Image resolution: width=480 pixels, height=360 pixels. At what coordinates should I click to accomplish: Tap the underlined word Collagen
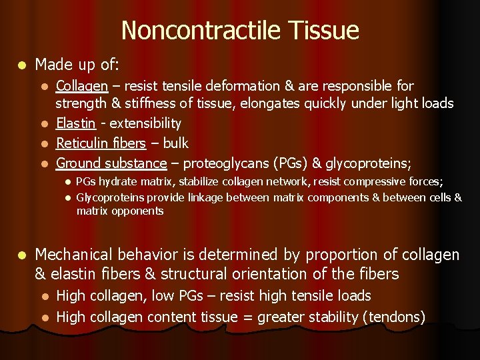coord(81,86)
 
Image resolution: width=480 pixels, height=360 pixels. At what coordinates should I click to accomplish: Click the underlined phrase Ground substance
coord(111,163)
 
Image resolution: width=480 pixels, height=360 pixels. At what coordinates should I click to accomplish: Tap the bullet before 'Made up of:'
coord(22,65)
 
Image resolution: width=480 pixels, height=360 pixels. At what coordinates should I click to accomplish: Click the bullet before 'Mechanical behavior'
coord(22,255)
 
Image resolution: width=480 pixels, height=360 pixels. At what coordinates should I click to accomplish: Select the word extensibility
coord(145,123)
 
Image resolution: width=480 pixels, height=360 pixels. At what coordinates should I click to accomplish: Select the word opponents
coord(138,211)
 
